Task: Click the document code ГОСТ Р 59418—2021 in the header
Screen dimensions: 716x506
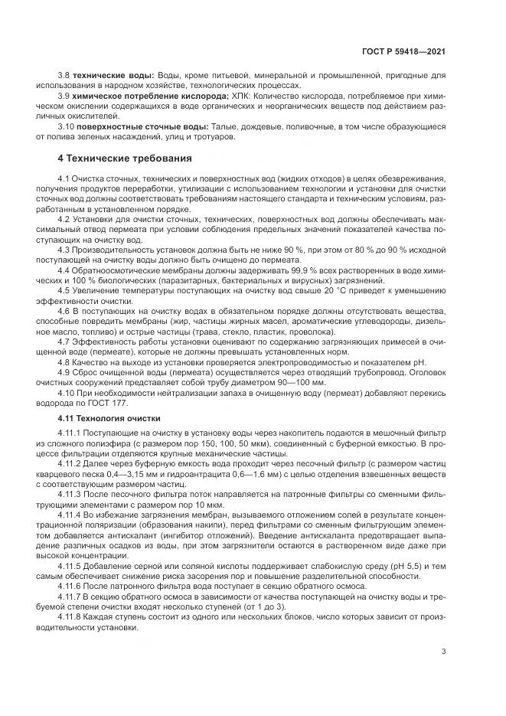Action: pos(403,51)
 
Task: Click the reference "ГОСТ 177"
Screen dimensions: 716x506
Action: pos(110,404)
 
